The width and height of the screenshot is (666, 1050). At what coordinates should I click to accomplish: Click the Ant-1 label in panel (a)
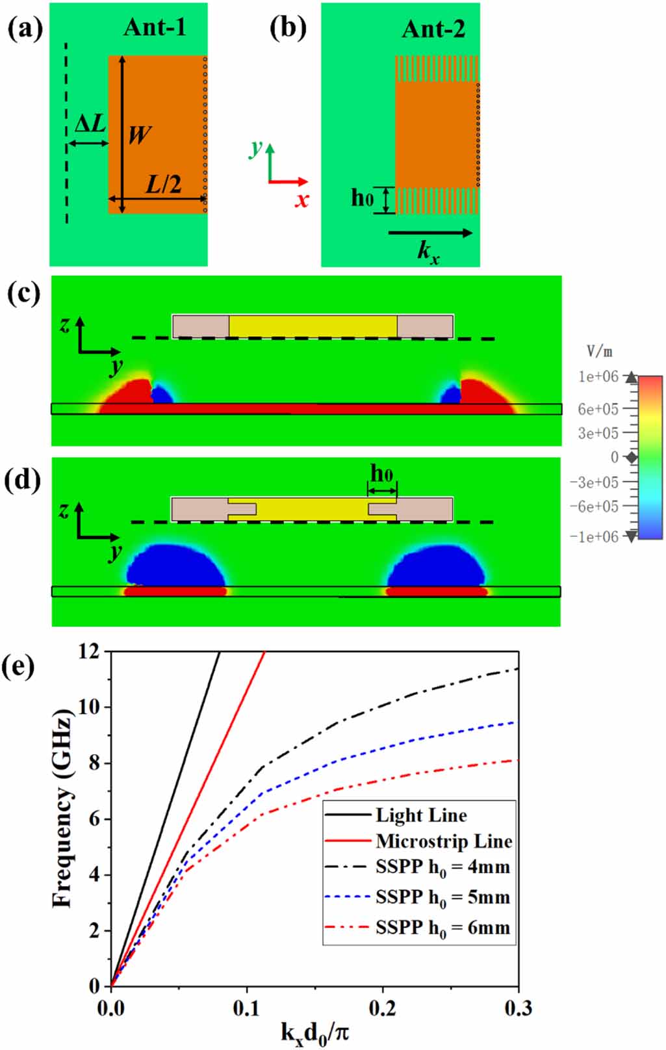coord(155,28)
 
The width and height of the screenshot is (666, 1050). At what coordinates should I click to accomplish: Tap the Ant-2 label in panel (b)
coord(433,29)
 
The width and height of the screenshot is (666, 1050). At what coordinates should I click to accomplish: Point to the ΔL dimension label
coord(90,124)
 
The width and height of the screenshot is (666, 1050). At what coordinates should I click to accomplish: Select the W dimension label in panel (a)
coord(140,135)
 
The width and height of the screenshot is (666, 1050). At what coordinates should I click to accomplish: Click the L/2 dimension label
coord(164,185)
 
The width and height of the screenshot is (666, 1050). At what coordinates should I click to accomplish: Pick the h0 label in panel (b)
coord(363,198)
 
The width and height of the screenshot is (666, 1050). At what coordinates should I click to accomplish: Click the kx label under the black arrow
coord(429,253)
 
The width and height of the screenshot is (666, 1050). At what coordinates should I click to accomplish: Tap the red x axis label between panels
coord(302,200)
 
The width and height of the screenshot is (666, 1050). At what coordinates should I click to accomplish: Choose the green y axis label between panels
coord(256,149)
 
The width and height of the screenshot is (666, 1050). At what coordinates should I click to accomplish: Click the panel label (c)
coord(23,293)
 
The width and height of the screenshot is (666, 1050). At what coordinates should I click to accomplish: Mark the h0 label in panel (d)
coord(381,474)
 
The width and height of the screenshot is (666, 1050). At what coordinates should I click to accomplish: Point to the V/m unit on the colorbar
coord(600,351)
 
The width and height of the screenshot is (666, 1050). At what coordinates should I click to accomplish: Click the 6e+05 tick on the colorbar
coord(598,409)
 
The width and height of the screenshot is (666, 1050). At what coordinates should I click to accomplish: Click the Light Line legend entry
coord(421,816)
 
